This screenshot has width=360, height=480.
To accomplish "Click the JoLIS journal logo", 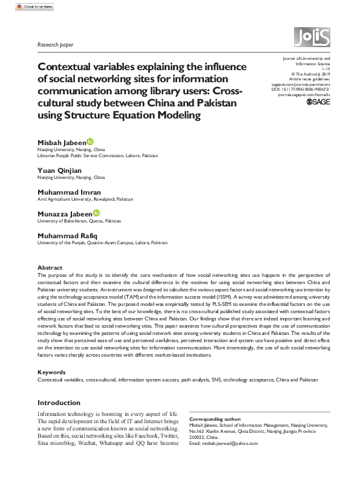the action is [312, 39].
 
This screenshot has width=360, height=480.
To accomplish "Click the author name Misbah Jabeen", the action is [62, 141].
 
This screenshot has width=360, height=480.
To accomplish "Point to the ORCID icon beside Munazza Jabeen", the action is [97, 213].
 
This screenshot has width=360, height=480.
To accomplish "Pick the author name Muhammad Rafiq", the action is [68, 235].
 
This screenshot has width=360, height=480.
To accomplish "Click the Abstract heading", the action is [50, 267].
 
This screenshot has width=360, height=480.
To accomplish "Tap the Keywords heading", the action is [52, 372].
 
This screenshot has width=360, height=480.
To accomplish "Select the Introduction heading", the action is [59, 403].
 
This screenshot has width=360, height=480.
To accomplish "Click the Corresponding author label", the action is [215, 419].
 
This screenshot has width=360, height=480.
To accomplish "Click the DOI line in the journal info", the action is [299, 89].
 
